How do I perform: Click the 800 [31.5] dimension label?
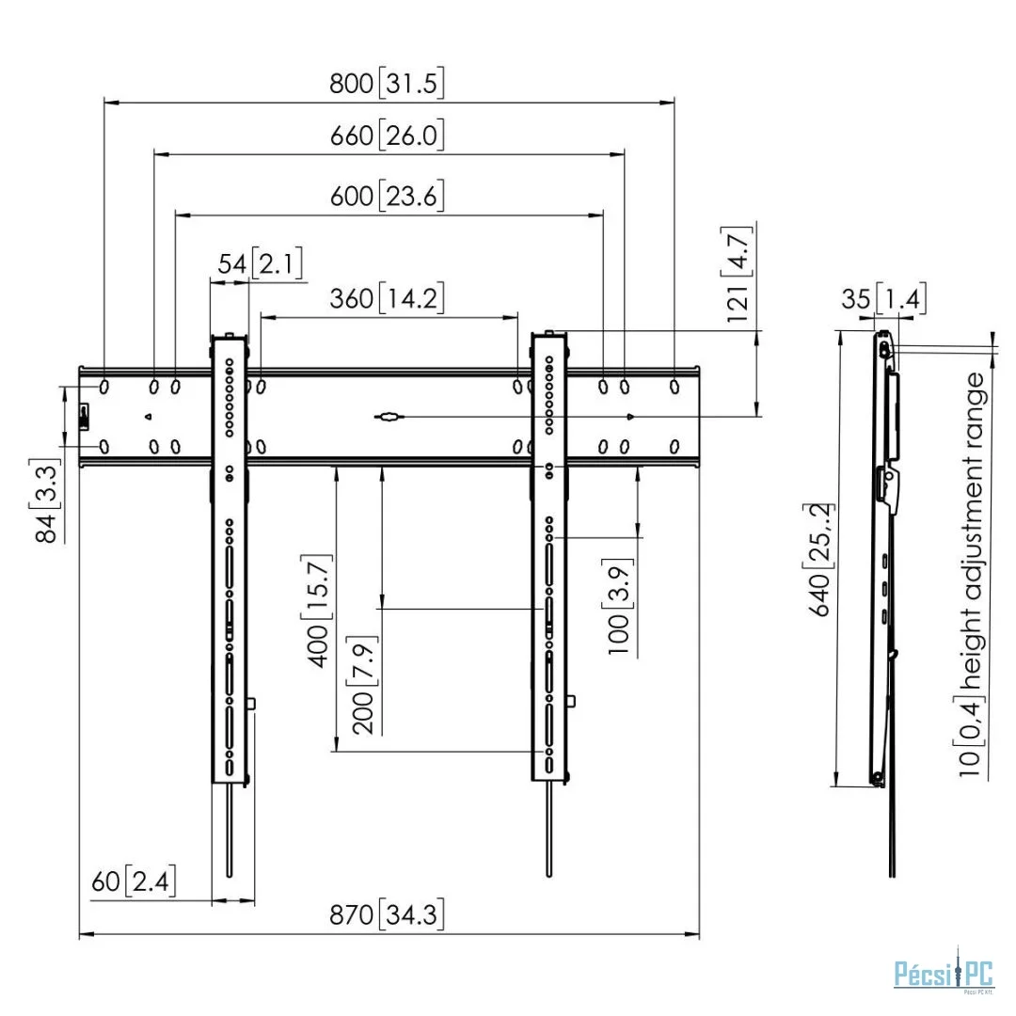point(387,83)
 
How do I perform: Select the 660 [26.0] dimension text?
point(387,135)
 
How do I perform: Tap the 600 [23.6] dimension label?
point(387,195)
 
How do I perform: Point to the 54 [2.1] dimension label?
point(260,263)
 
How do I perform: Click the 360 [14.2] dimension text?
point(387,298)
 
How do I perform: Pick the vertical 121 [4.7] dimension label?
point(737,274)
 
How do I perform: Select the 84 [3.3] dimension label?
point(45,500)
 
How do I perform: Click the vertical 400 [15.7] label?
point(318,611)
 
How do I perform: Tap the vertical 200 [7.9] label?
point(363,685)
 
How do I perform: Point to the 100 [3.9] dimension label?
point(618,607)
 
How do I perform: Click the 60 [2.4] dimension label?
point(134,881)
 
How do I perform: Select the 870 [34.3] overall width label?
point(387,914)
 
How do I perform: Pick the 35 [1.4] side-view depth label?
point(883,299)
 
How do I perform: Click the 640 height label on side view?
point(819,560)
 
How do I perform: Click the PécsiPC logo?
point(944,974)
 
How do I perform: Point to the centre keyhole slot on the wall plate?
point(389,417)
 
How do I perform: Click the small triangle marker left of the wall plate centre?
point(149,417)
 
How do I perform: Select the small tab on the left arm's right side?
point(252,704)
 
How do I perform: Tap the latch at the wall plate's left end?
point(84,416)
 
